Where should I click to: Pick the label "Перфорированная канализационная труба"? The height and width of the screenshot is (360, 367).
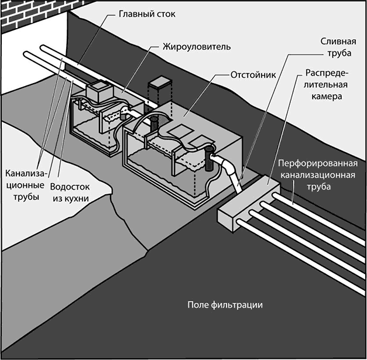click(x=315, y=174)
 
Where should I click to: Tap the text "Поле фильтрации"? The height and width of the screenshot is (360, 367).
click(x=225, y=306)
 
